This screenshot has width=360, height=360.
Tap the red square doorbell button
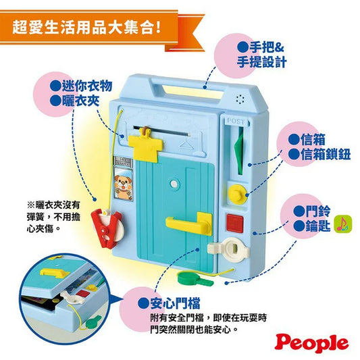pyautogui.click(x=234, y=223)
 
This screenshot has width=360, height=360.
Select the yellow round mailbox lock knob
pyautogui.click(x=237, y=195)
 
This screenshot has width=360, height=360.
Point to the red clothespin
pyautogui.click(x=107, y=227)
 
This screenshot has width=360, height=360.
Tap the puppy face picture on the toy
pyautogui.click(x=124, y=183)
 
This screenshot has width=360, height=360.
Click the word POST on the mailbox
pyautogui.click(x=235, y=121)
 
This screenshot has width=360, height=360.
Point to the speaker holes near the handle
pyautogui.click(x=240, y=99)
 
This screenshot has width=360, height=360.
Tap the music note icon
pyautogui.click(x=343, y=224)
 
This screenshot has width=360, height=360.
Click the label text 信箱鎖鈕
pyautogui.click(x=326, y=154)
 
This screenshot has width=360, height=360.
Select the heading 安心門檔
pyautogui.click(x=175, y=303)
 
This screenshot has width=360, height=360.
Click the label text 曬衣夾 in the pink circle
pyautogui.click(x=80, y=101)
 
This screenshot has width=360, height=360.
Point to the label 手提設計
pyautogui.click(x=261, y=62)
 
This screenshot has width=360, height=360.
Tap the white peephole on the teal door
pyautogui.click(x=174, y=184)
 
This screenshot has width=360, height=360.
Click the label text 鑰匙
pyautogui.click(x=317, y=226)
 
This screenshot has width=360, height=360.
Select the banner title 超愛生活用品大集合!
pyautogui.click(x=86, y=28)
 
